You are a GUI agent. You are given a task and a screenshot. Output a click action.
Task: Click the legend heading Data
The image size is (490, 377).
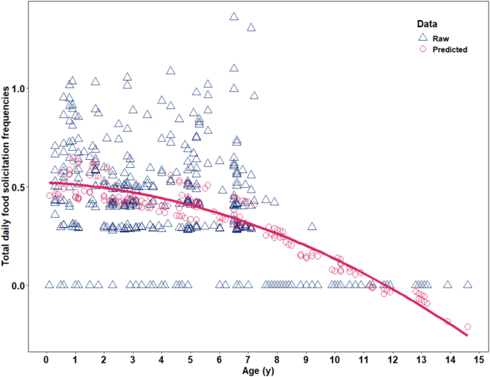tap(426, 24)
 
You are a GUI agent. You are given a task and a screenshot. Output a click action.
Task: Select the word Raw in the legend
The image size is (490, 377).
tap(441, 38)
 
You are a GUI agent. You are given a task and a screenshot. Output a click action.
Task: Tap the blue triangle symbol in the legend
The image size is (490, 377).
tap(423, 37)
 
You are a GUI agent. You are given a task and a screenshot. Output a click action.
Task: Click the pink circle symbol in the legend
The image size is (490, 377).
tap(423, 50)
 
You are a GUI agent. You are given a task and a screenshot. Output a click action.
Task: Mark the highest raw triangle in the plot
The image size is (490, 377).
tap(234, 16)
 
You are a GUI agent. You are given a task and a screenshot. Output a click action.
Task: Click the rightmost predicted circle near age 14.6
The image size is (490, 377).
tap(468, 326)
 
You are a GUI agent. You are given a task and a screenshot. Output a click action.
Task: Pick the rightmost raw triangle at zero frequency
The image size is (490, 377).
tap(468, 284)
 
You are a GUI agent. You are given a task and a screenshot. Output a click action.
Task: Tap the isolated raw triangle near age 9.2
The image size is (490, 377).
tap(312, 226)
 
